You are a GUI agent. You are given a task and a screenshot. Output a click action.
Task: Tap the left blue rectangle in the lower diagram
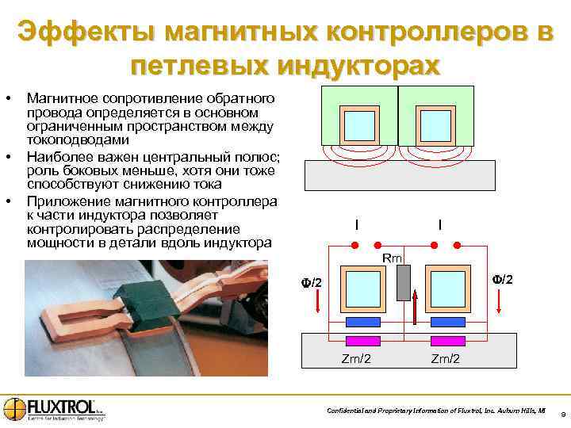click(x=362, y=322)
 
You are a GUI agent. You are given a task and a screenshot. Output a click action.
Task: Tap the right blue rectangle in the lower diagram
click(x=447, y=322)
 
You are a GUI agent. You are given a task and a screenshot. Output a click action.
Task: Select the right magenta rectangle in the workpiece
click(x=447, y=341)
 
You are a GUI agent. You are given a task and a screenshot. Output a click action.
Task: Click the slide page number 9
click(x=561, y=414)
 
